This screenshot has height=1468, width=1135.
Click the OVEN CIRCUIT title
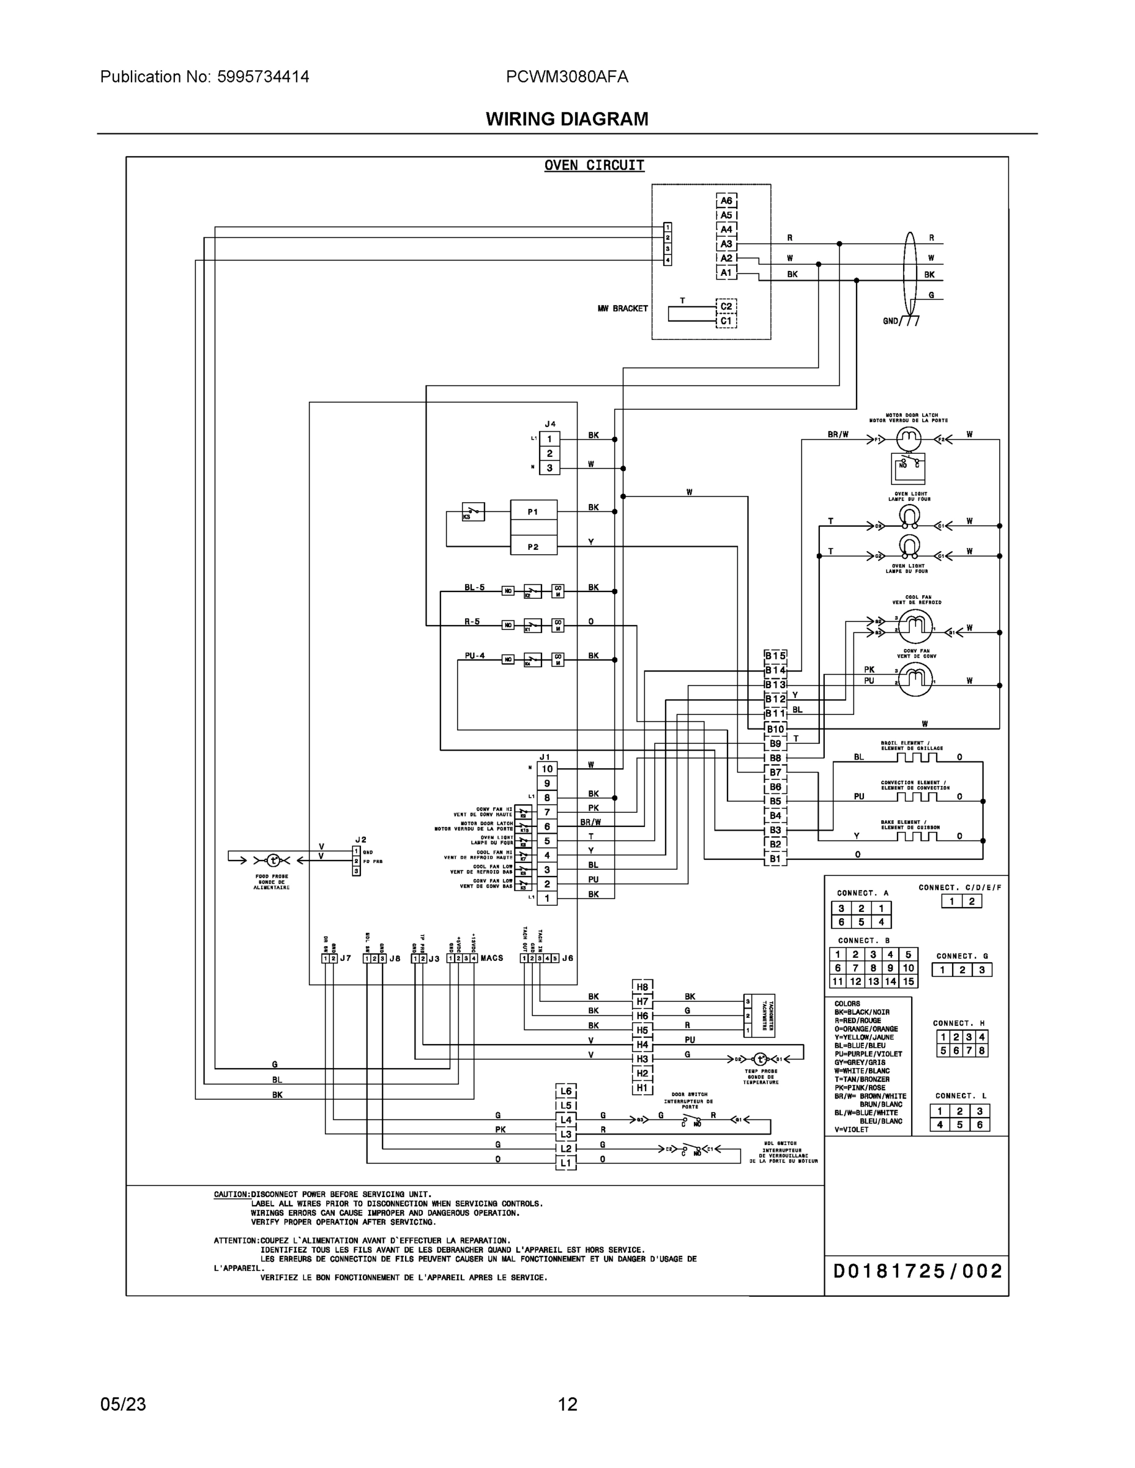pos(594,165)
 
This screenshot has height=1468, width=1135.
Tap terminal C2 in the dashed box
pos(726,306)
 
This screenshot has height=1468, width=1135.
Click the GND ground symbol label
pos(891,321)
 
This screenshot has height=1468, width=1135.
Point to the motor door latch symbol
pos(909,440)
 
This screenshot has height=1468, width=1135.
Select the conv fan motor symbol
pos(915,680)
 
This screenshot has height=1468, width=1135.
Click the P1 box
pos(533,511)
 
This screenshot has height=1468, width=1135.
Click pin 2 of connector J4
pos(549,454)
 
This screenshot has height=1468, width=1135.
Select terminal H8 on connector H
pos(642,987)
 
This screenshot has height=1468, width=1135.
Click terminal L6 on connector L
pos(565,1092)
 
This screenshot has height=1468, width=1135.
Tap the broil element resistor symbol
pos(916,757)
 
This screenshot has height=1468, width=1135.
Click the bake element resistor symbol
pos(916,836)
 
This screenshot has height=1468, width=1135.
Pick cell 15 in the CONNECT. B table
pos(908,981)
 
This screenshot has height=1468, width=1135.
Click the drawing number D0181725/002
pos(917,1272)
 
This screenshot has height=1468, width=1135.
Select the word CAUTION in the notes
pos(231,1195)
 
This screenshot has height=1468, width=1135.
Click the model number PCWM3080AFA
pos(567,77)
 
